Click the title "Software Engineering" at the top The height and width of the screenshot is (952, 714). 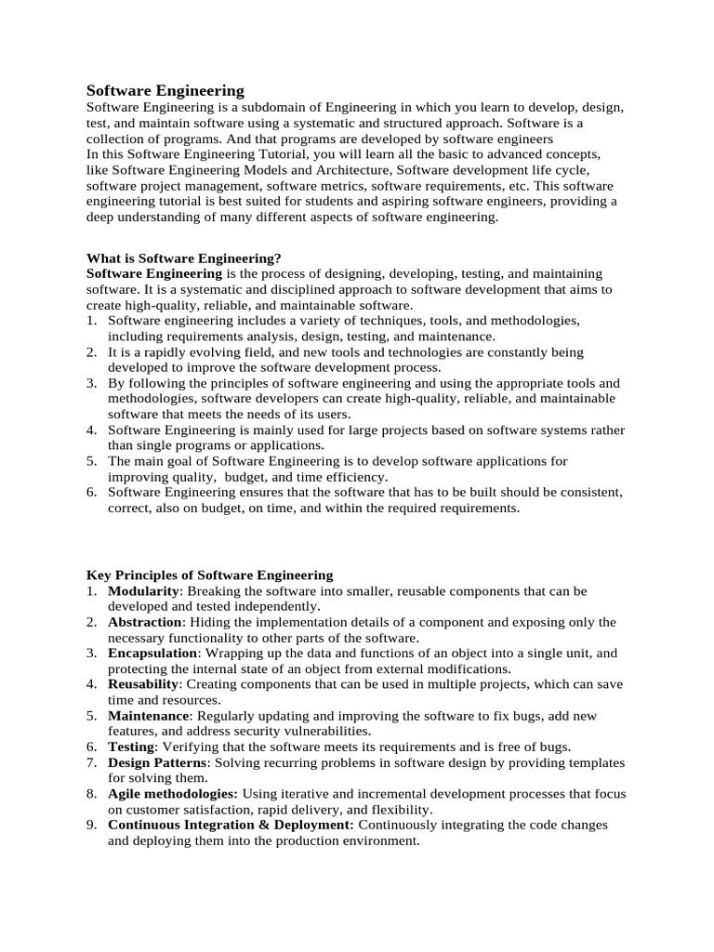coord(165,90)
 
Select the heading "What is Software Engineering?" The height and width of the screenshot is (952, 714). coord(183,258)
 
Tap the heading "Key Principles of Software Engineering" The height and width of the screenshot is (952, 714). coord(209,575)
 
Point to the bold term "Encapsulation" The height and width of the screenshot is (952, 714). coord(152,654)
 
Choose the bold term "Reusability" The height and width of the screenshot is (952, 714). coord(142,684)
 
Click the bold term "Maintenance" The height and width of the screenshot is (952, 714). coord(149,716)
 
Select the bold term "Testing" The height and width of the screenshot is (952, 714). coord(130,747)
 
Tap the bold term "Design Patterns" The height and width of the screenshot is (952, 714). coord(158,762)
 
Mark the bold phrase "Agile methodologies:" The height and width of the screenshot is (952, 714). coord(173,794)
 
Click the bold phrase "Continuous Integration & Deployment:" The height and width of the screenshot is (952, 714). coord(231,825)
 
